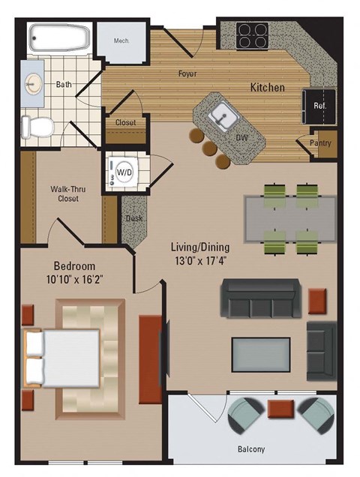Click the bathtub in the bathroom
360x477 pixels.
click(x=58, y=38)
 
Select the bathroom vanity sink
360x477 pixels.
click(x=34, y=83)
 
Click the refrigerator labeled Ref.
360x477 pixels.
click(x=319, y=105)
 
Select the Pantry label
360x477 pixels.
click(x=320, y=143)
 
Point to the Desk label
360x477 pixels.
click(x=134, y=218)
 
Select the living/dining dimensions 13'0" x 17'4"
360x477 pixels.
click(x=199, y=261)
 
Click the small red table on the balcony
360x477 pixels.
click(x=281, y=409)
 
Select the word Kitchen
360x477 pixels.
click(x=267, y=88)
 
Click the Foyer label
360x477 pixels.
click(x=187, y=73)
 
